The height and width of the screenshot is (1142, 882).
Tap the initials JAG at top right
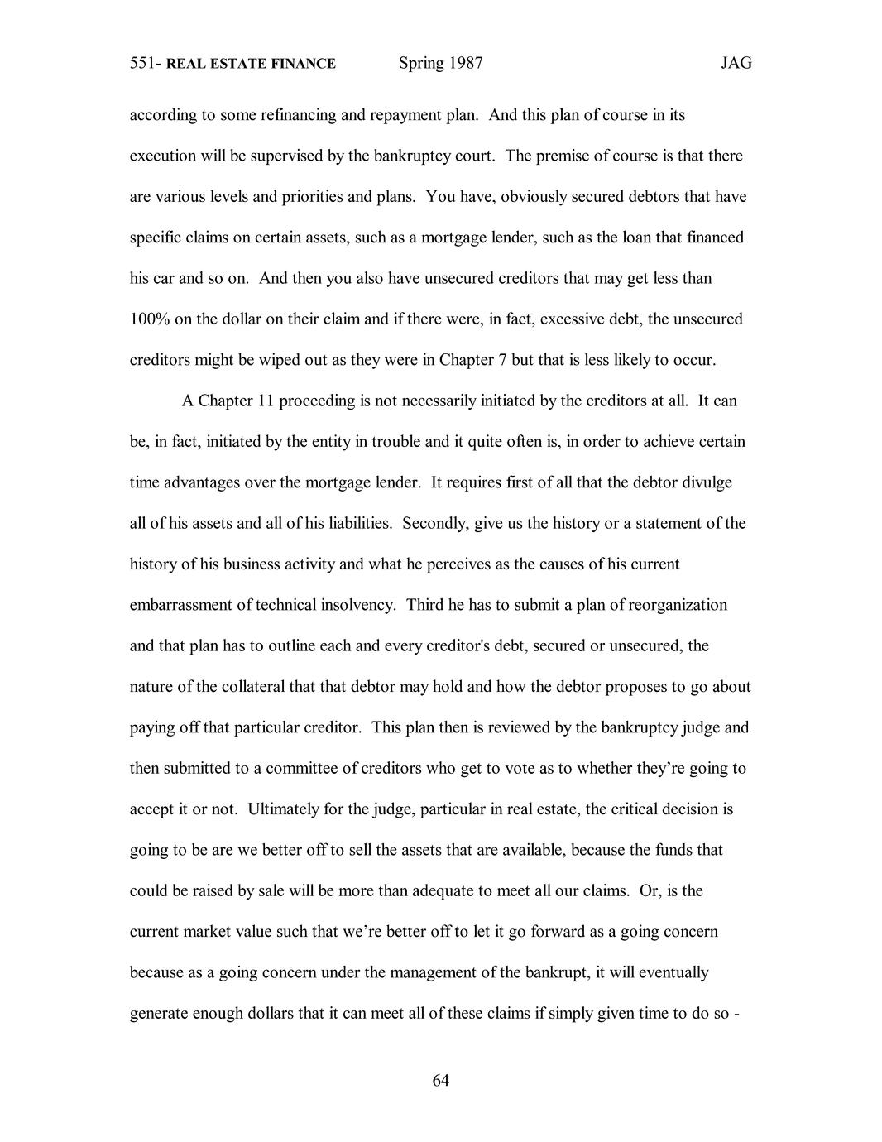tap(736, 64)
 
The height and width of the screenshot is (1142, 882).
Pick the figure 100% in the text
tap(150, 319)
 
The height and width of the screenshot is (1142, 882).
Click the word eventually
tap(669, 972)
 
